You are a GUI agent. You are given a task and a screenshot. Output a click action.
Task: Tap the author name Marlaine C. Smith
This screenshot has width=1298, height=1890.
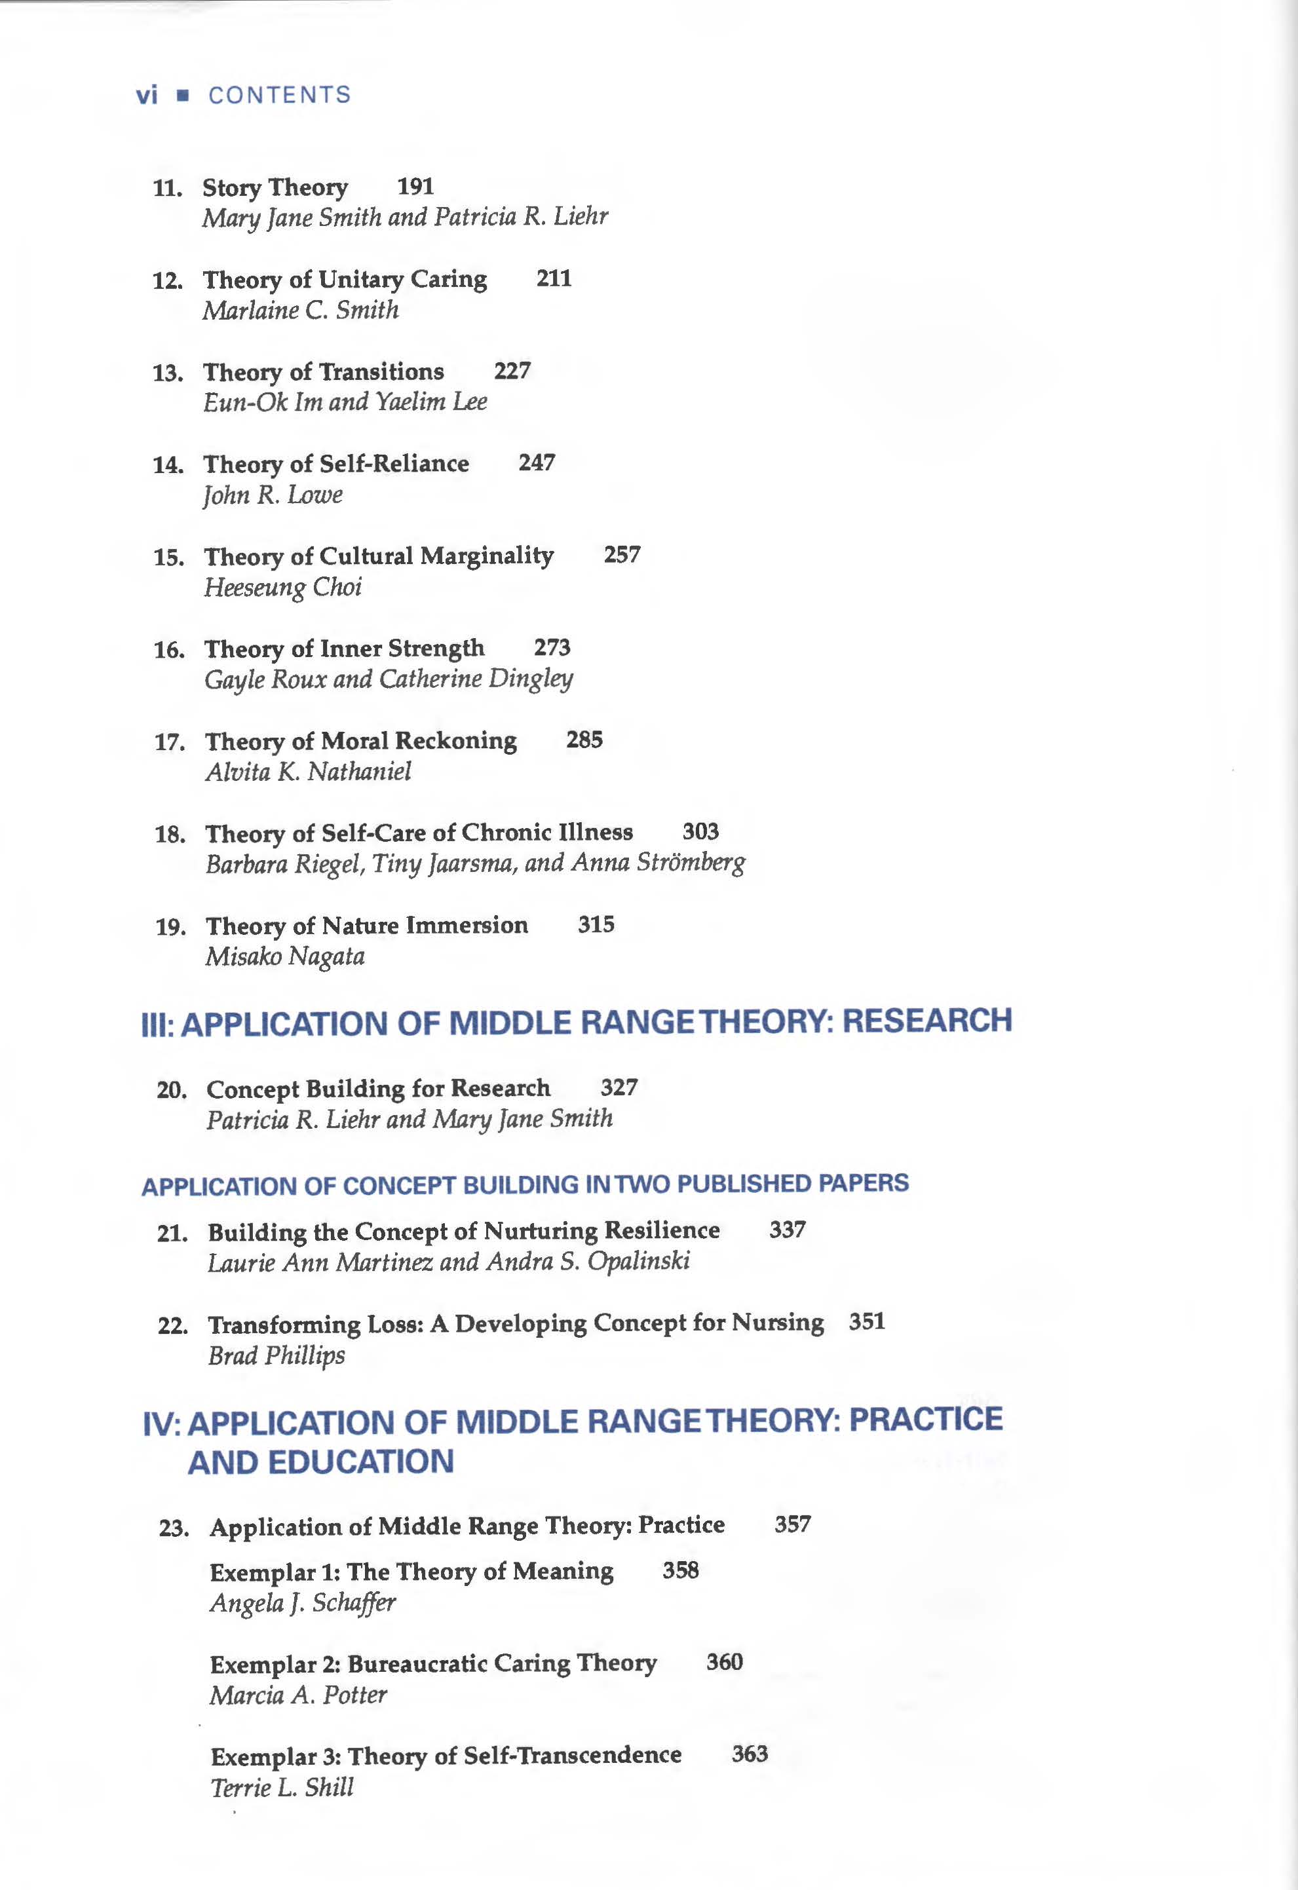coord(300,310)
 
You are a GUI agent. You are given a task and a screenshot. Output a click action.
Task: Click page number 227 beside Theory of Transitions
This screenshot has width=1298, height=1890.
coord(512,371)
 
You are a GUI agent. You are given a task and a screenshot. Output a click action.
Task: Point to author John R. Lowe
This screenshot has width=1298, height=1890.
coord(273,495)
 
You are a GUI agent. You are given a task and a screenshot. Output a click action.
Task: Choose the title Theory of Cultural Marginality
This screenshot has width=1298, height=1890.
coord(378,556)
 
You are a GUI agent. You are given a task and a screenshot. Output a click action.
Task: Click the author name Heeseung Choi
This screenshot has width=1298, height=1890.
coord(282,587)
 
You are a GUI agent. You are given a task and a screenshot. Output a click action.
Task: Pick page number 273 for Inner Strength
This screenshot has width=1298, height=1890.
coord(552,647)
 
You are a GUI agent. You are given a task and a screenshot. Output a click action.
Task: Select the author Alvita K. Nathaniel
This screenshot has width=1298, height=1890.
coord(307,771)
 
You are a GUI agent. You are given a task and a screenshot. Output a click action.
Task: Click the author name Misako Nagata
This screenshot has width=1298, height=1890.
coord(284,956)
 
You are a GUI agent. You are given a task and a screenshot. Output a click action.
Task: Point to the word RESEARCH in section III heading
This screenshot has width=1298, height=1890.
coord(926,1021)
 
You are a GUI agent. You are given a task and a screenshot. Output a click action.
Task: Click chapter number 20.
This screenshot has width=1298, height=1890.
coord(172,1089)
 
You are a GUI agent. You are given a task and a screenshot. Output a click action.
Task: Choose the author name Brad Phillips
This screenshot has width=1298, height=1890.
coord(276,1355)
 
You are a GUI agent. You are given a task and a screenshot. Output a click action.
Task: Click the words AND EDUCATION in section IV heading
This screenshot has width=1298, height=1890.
coord(320,1462)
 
